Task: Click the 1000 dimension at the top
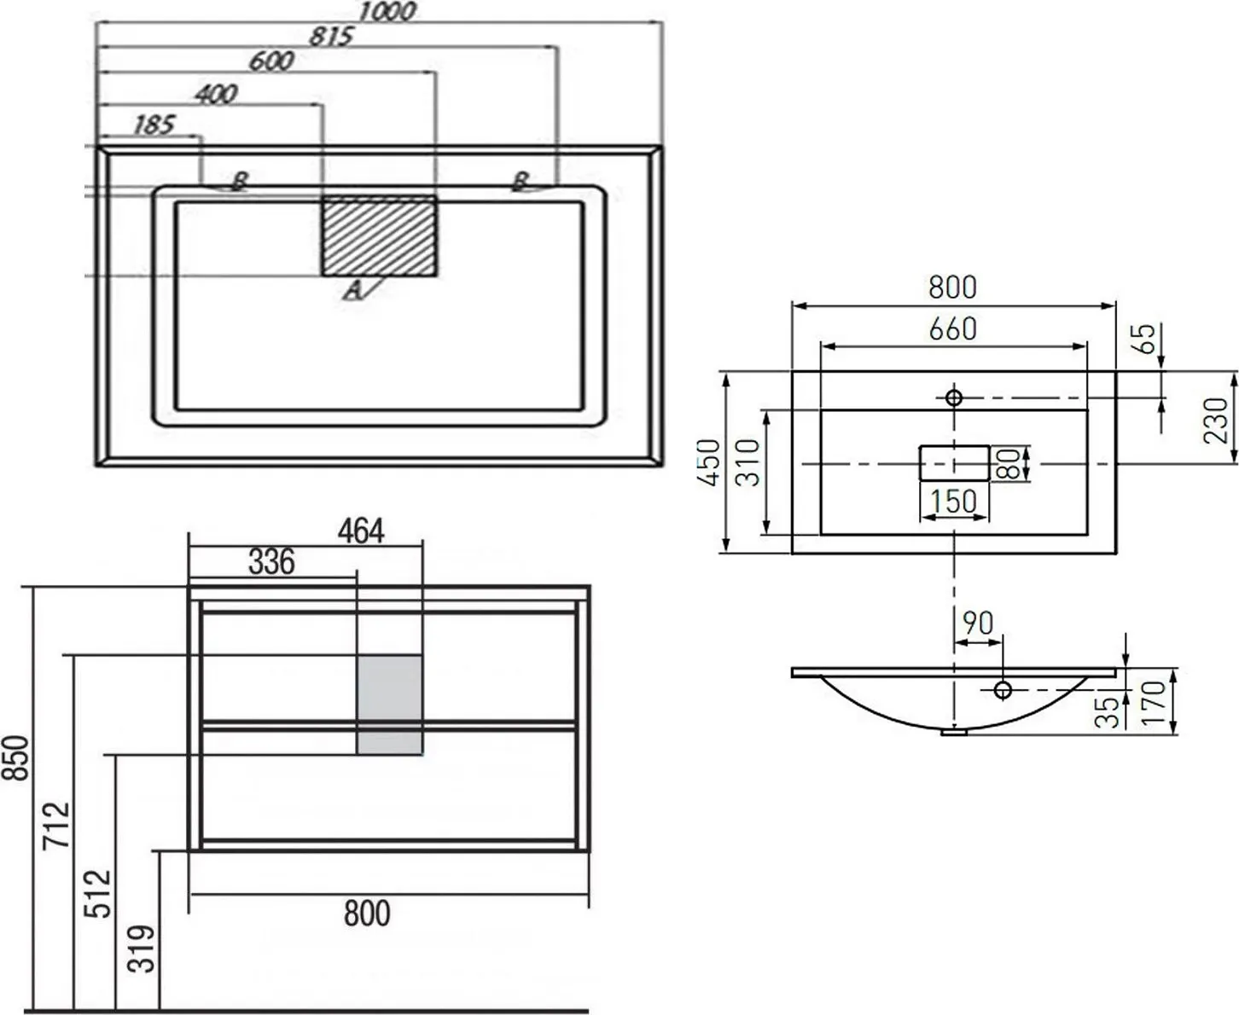point(387,12)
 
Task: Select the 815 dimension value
point(331,37)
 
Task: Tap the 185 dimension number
point(154,125)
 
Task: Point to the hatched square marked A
point(379,235)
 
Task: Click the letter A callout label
point(352,290)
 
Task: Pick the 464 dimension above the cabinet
point(361,531)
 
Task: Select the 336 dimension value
point(271,561)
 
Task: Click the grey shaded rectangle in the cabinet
point(389,705)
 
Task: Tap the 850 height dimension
point(16,758)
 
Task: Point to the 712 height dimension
point(56,825)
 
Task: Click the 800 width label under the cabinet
point(367,913)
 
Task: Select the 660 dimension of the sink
point(953,329)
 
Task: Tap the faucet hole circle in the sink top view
point(954,397)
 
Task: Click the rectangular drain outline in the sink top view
point(954,463)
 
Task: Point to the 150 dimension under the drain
point(953,501)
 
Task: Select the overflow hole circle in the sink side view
point(1003,689)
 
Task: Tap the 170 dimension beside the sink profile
point(1154,702)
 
